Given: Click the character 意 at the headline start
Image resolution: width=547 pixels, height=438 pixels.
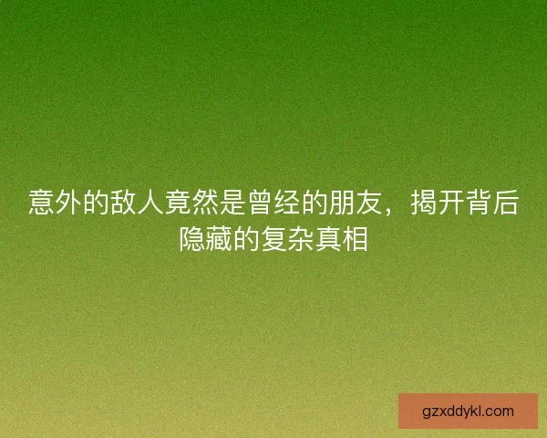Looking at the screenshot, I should pyautogui.click(x=42, y=203).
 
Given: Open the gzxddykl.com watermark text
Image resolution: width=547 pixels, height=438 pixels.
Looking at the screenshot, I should pyautogui.click(x=468, y=411).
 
